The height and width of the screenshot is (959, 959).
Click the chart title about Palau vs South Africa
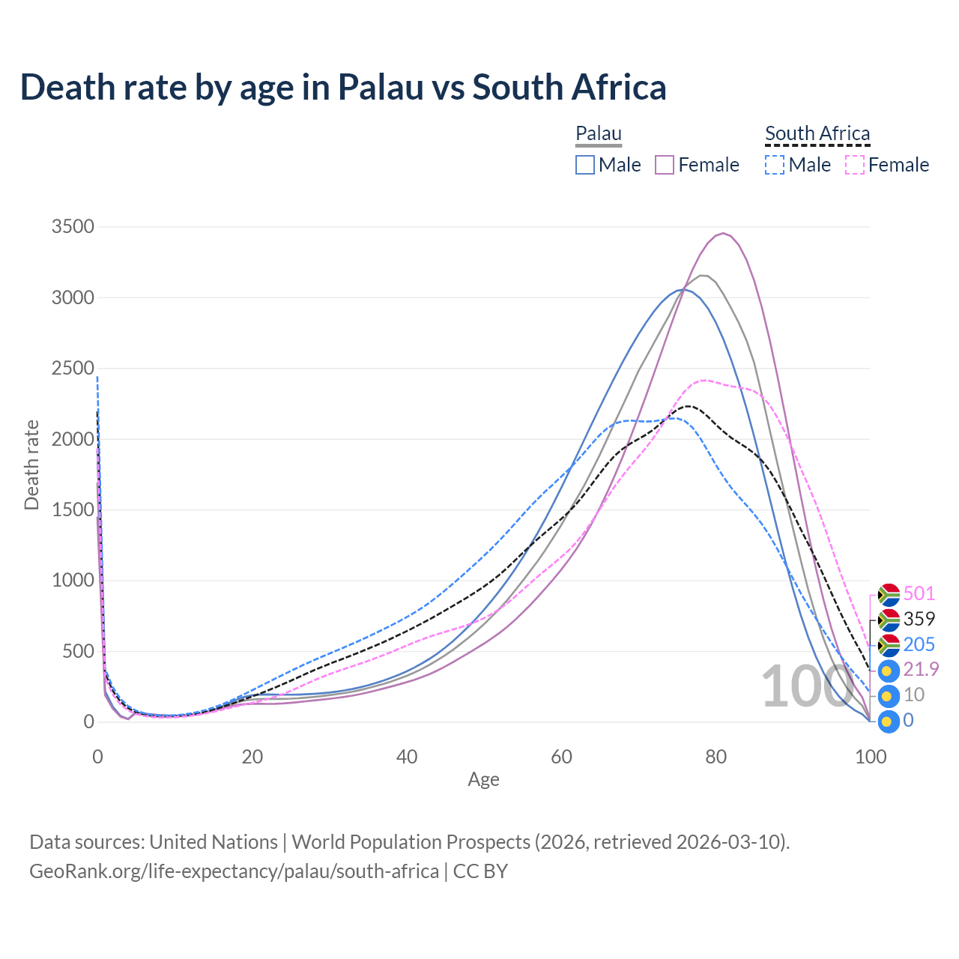click(x=343, y=87)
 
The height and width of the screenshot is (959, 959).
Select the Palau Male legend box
click(x=585, y=165)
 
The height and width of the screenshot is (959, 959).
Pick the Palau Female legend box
click(x=665, y=165)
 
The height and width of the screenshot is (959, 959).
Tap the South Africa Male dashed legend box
click(x=775, y=165)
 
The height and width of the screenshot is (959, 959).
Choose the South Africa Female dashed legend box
click(x=855, y=165)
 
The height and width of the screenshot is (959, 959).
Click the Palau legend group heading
click(x=599, y=134)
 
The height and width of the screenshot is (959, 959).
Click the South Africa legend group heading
click(x=817, y=134)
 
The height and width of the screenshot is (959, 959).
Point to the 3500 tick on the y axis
click(x=73, y=227)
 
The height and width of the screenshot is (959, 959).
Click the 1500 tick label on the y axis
click(x=73, y=510)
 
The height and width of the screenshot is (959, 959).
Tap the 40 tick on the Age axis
click(x=407, y=757)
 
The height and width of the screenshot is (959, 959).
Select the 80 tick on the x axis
click(x=716, y=757)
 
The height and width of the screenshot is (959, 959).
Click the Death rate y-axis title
click(x=31, y=465)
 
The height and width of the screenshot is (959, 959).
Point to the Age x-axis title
click(x=483, y=780)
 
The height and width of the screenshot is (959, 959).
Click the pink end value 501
click(x=919, y=594)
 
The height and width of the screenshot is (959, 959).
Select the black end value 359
click(x=919, y=619)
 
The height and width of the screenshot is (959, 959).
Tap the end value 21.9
click(x=922, y=669)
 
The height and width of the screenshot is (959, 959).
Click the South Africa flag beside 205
click(x=889, y=645)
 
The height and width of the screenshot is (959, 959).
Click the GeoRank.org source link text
click(x=234, y=872)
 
